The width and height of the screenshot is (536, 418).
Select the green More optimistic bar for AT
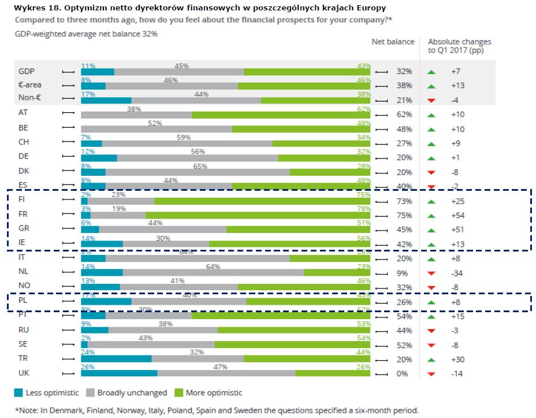pos(281,115)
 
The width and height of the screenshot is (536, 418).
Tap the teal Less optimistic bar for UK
pos(119,373)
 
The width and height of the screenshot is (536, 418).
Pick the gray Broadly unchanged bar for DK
pos(197,172)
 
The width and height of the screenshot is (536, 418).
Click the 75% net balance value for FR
pos(404,216)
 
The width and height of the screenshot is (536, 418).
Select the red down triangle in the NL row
pos(431,273)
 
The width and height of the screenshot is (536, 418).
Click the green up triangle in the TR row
pos(431,360)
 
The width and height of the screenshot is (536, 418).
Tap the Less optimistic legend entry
pos(46,393)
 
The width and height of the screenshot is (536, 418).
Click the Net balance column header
pos(393,42)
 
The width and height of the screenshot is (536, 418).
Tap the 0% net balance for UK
pos(404,374)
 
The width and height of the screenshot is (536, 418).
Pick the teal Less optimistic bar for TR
pos(116,359)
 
